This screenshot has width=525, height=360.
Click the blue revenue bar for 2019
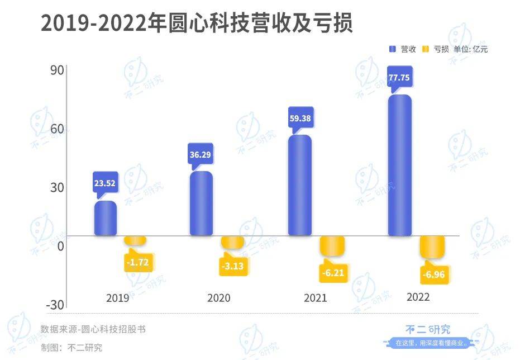[x=106, y=218]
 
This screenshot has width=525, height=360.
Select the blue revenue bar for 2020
[x=201, y=203]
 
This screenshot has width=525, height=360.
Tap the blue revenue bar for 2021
[x=300, y=185]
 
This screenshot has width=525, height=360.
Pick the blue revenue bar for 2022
[x=400, y=165]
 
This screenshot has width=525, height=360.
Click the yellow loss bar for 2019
[x=135, y=240]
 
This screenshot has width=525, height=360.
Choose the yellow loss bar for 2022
[x=432, y=247]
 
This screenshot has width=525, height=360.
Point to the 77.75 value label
[x=399, y=78]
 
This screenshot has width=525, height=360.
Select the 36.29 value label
[x=201, y=154]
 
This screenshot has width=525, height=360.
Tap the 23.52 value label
[x=105, y=183]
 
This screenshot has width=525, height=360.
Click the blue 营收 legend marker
[x=393, y=49]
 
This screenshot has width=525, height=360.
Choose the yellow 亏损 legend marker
[x=425, y=49]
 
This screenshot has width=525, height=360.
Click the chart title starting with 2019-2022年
[x=197, y=23]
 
